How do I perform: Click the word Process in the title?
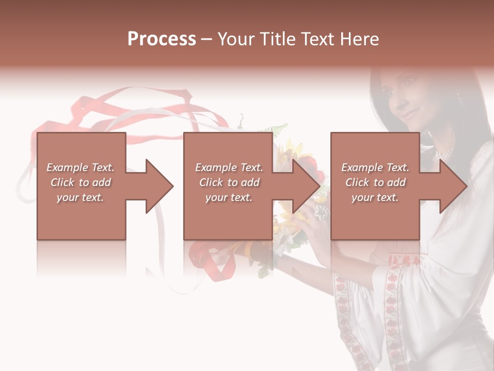pyautogui.click(x=162, y=39)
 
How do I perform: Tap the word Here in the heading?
pyautogui.click(x=359, y=39)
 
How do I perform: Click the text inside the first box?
pyautogui.click(x=80, y=182)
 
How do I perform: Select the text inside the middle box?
pyautogui.click(x=228, y=182)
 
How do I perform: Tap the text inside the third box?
pyautogui.click(x=375, y=182)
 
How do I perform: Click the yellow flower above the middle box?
pyautogui.click(x=293, y=147)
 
